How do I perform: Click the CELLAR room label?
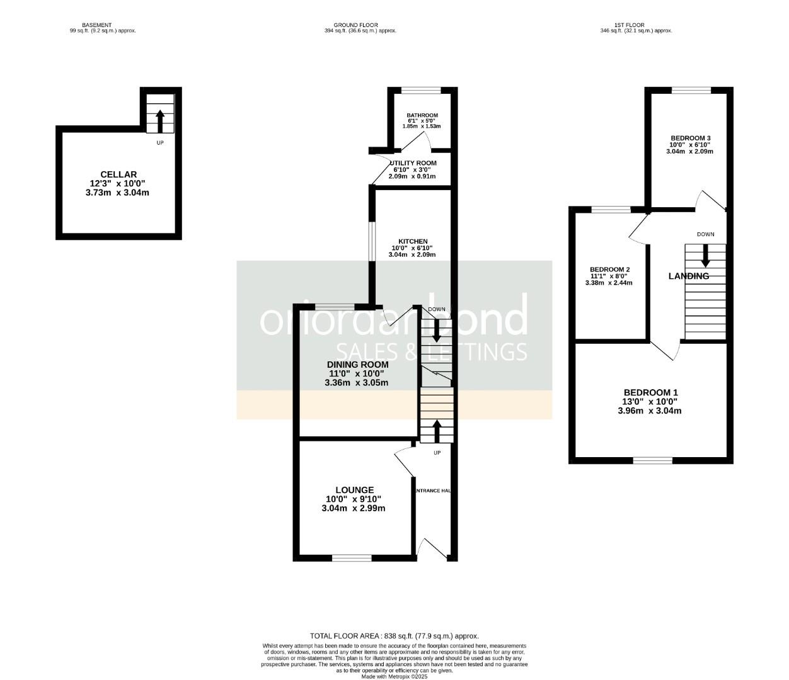click(118, 174)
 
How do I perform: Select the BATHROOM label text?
click(422, 116)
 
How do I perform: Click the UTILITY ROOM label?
click(413, 163)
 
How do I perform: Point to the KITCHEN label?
click(413, 242)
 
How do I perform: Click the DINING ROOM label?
click(357, 365)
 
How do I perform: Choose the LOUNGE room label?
click(354, 490)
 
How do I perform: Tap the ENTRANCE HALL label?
click(435, 490)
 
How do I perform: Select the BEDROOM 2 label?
click(609, 269)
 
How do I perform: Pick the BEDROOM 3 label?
click(691, 139)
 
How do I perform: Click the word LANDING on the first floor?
click(688, 276)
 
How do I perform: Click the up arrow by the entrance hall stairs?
click(437, 431)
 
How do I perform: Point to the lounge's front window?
click(352, 557)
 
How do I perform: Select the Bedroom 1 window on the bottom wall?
click(653, 460)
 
